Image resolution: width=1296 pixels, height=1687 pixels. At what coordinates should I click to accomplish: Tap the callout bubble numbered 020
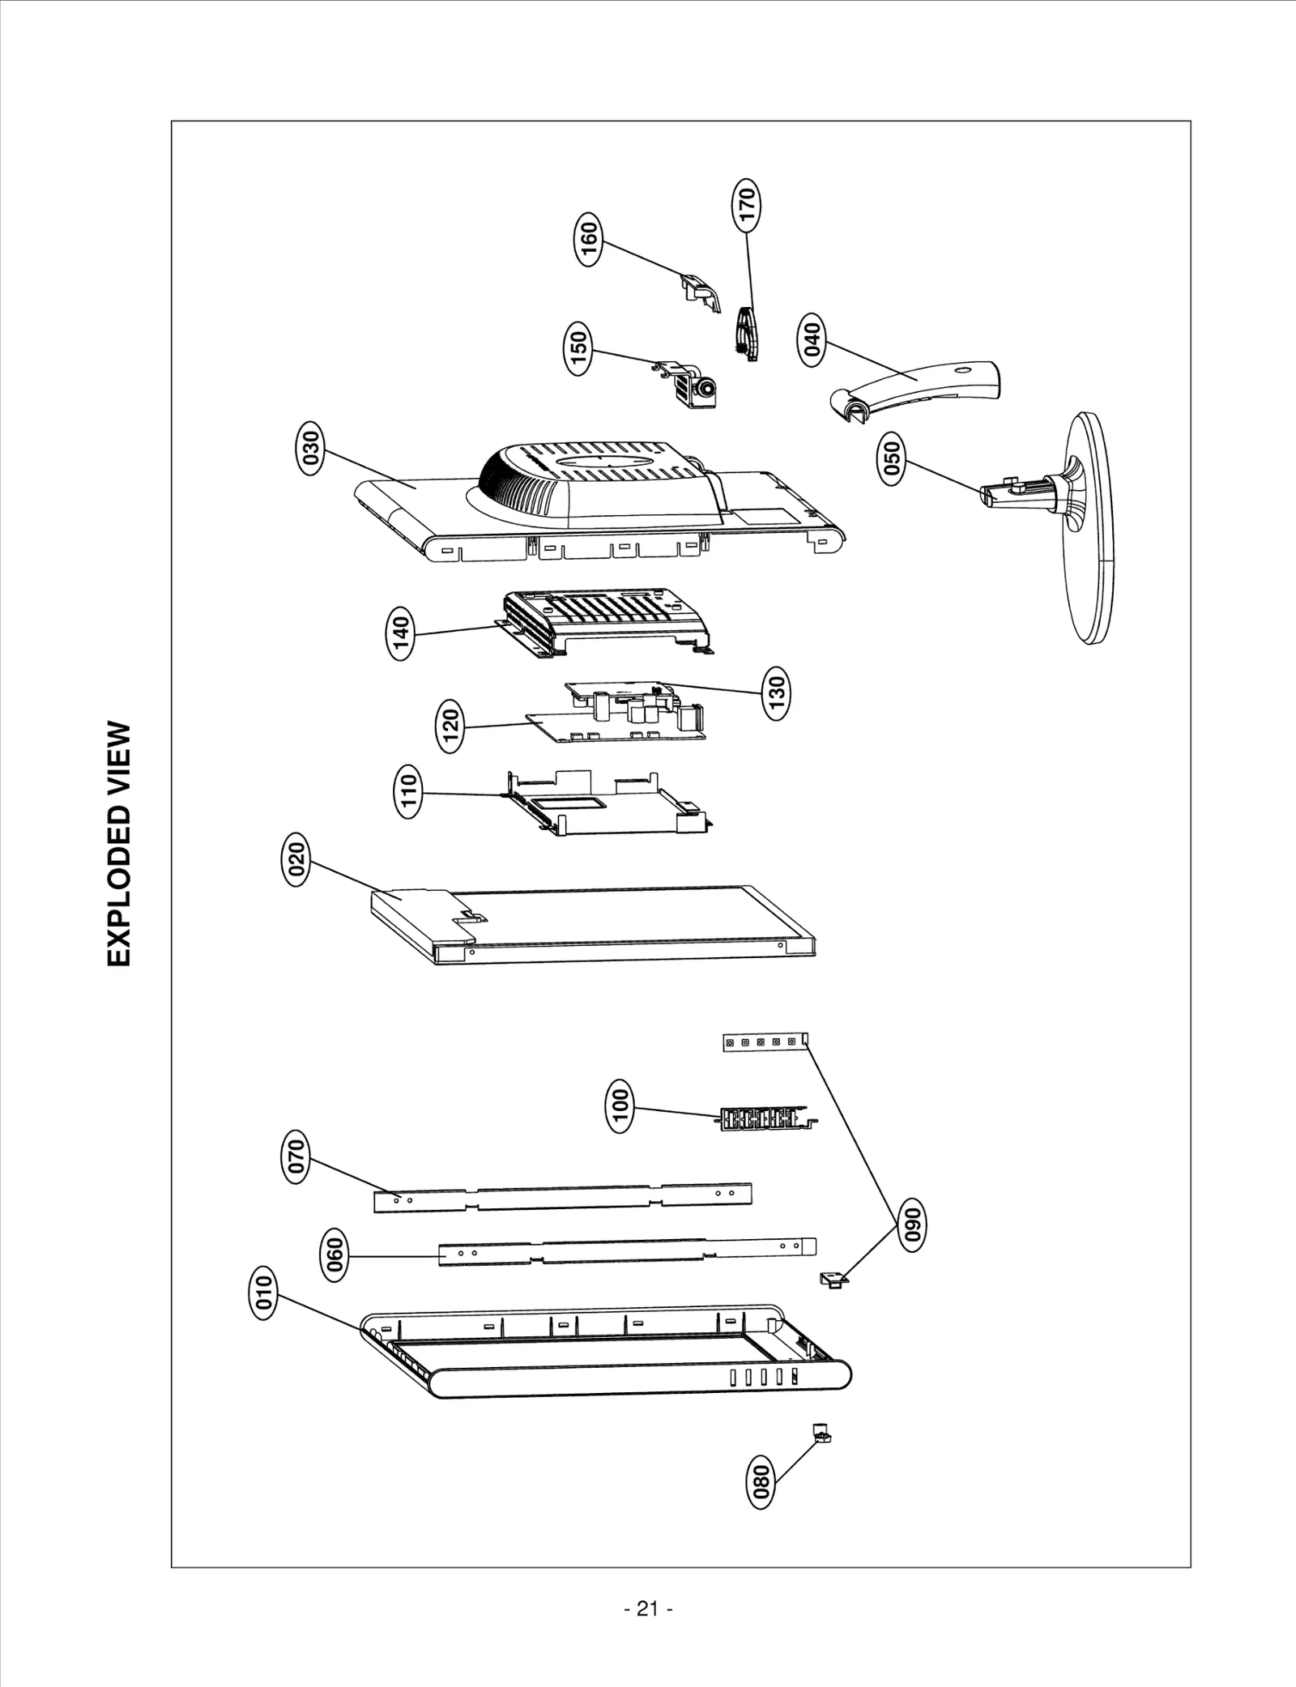pos(296,864)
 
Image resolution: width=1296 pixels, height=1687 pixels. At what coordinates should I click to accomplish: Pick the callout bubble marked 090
pos(913,1227)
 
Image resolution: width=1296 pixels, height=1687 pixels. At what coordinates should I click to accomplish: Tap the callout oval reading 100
pos(620,1110)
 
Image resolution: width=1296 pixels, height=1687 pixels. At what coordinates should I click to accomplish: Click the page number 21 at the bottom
pos(648,1609)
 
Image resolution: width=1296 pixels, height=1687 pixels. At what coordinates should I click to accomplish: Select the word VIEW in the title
pos(119,756)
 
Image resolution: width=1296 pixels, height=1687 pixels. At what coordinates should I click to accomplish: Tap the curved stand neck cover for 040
pos(923,386)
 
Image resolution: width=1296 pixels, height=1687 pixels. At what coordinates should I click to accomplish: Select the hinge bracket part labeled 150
pos(691,386)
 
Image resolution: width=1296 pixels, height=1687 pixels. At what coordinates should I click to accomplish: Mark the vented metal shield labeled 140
pos(603,620)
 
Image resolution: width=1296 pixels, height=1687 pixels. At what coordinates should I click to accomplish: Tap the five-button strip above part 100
pos(765,1042)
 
